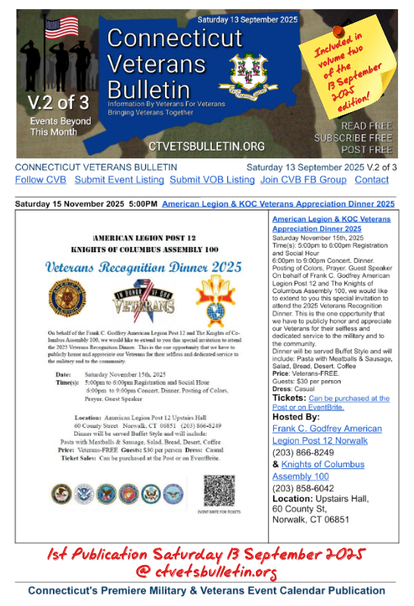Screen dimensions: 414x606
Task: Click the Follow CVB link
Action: [x=40, y=180]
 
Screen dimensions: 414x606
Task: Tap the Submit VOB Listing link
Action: [x=212, y=180]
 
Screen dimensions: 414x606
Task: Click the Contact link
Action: [x=372, y=180]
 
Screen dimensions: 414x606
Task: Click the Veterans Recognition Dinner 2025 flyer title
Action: [x=143, y=267]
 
